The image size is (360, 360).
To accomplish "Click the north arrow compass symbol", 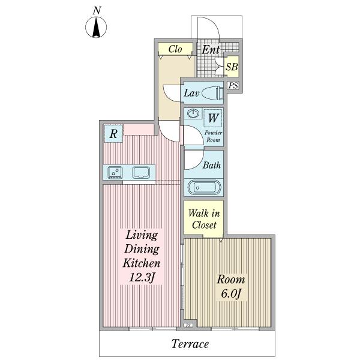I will pyautogui.click(x=97, y=28).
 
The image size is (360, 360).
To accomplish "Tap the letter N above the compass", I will pyautogui.click(x=97, y=10).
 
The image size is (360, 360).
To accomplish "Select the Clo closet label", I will pyautogui.click(x=175, y=49).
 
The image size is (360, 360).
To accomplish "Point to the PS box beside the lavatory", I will pyautogui.click(x=233, y=86).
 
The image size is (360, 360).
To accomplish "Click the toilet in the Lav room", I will pyautogui.click(x=211, y=93).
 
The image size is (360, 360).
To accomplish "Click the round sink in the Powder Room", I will pyautogui.click(x=193, y=114).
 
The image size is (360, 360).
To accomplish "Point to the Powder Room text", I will pyautogui.click(x=213, y=136).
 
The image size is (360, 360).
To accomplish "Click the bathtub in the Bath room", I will pyautogui.click(x=205, y=187).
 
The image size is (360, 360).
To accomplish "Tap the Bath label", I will pyautogui.click(x=211, y=165).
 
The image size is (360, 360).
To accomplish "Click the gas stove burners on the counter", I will pyautogui.click(x=115, y=173).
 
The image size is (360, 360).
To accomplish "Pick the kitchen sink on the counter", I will pyautogui.click(x=142, y=173).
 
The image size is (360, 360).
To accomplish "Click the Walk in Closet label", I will pyautogui.click(x=204, y=219).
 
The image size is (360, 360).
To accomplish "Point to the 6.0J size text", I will pyautogui.click(x=230, y=294).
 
